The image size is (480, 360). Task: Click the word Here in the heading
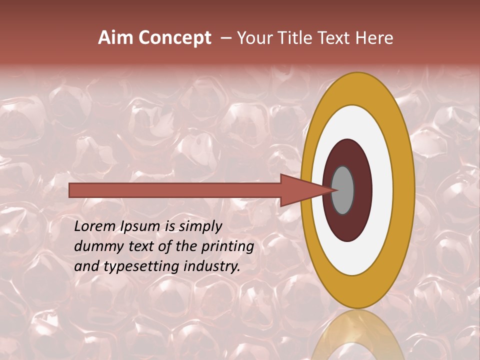tap(374, 38)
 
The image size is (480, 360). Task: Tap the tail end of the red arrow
tap(71, 190)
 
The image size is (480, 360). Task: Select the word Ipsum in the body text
tap(138, 227)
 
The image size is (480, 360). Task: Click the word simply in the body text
tap(200, 227)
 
